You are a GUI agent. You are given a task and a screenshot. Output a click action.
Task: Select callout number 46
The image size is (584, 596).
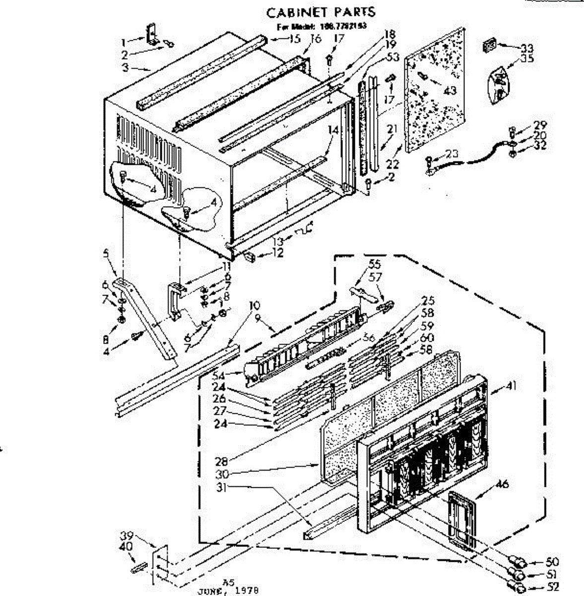click(502, 484)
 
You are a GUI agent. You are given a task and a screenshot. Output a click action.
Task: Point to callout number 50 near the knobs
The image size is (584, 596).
click(552, 562)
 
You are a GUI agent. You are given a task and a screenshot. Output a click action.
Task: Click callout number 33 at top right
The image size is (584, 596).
click(526, 48)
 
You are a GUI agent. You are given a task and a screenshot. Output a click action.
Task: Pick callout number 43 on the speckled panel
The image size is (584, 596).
click(450, 91)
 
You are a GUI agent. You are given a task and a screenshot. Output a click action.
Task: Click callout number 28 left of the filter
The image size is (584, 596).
click(221, 461)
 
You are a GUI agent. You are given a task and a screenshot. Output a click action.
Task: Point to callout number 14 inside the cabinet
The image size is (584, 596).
click(333, 130)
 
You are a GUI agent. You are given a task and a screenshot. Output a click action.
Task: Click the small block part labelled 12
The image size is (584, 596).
click(251, 257)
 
